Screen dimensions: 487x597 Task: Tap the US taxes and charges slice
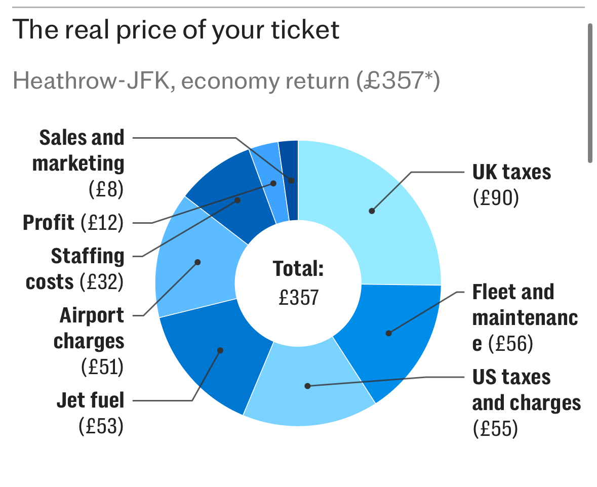[x=309, y=390]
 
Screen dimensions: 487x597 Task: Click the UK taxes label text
[x=511, y=173]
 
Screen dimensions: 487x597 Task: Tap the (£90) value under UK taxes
[x=496, y=198]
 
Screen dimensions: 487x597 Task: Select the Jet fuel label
[x=90, y=401]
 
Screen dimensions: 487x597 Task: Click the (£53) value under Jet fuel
[x=101, y=426]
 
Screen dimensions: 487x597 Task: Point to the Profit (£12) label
[x=73, y=223]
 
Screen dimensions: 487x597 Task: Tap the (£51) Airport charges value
[x=103, y=367]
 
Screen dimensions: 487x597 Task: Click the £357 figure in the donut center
[x=299, y=297]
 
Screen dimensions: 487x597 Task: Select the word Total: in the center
[x=298, y=269]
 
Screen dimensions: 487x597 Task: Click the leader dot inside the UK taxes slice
[x=372, y=211]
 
